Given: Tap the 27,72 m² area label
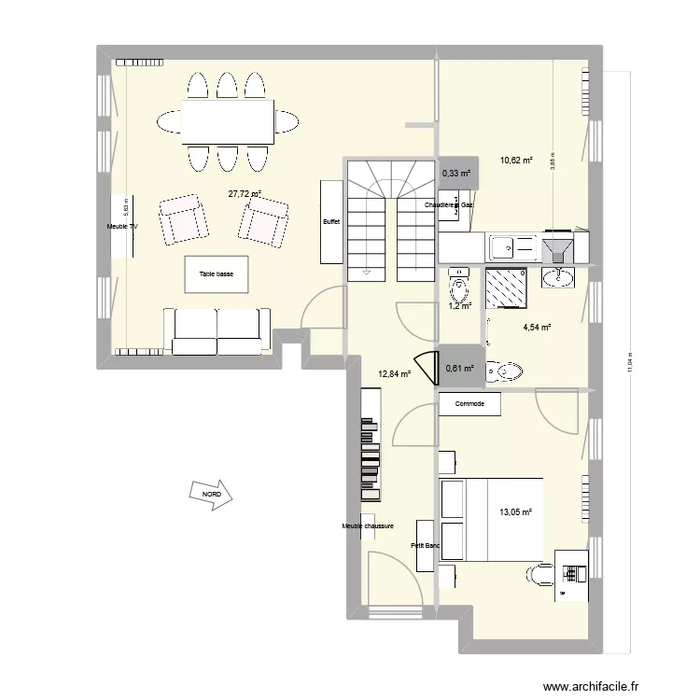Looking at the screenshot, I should (x=245, y=194).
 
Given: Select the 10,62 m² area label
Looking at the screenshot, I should (x=515, y=161).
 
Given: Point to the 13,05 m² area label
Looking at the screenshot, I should (x=515, y=511).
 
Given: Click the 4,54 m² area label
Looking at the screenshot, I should (x=536, y=327).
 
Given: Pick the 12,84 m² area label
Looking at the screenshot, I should (x=394, y=375).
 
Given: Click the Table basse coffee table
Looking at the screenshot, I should (x=217, y=275).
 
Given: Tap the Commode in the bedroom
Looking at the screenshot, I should (x=469, y=404).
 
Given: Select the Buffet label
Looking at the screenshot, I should (x=331, y=222).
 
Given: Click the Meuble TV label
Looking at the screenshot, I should (x=122, y=227).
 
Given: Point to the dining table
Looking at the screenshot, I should (x=229, y=120).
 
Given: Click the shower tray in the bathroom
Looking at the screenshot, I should (x=508, y=286).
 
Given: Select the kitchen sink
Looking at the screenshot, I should (x=502, y=247).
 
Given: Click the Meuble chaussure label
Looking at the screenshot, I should (x=369, y=526).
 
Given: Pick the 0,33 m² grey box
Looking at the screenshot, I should (x=457, y=173).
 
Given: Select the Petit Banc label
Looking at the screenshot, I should (x=425, y=546).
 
